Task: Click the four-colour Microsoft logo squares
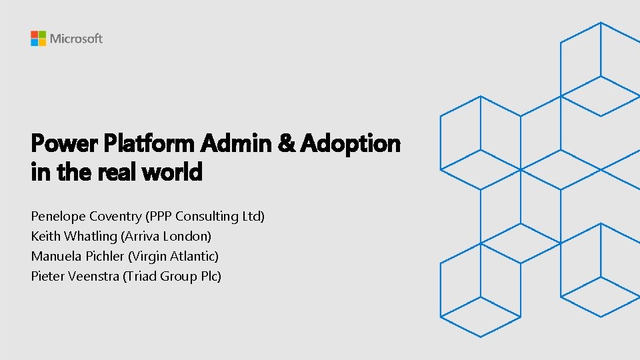(38, 38)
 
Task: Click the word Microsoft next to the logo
(76, 39)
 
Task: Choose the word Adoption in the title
(351, 143)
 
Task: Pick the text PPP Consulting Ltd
(206, 217)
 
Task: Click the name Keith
(44, 236)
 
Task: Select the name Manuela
(56, 256)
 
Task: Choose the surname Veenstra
(93, 276)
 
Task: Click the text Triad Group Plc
(172, 276)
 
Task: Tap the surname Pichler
(105, 256)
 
